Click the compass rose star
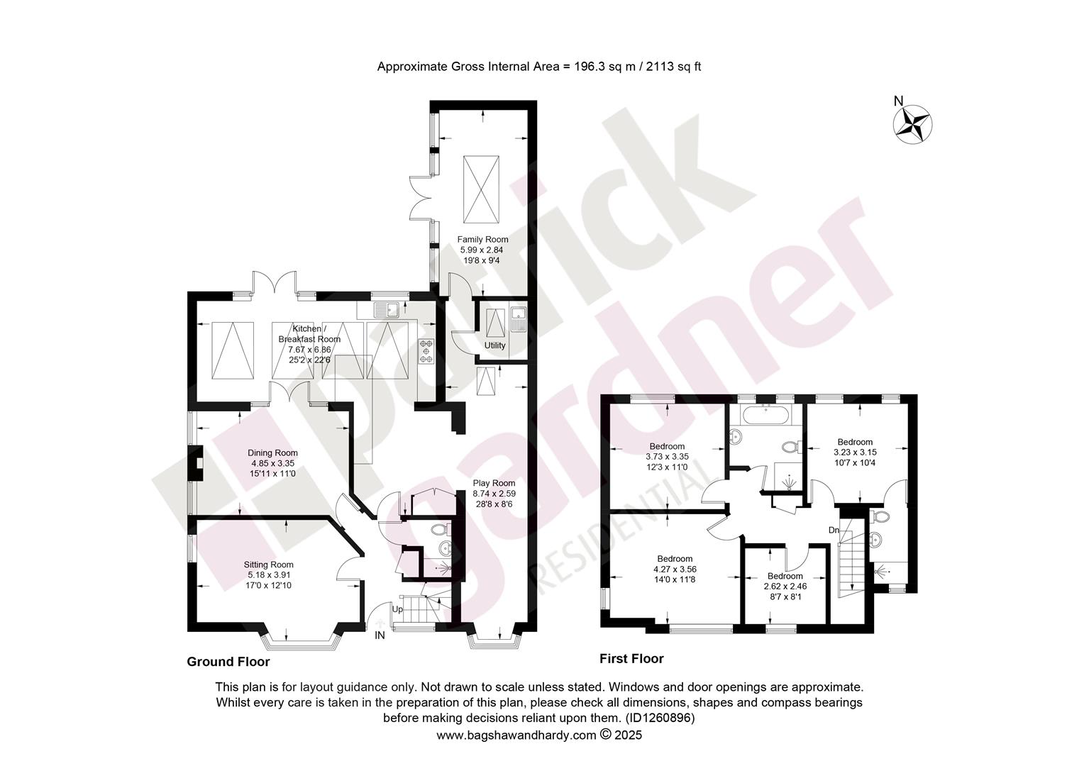click(x=912, y=125)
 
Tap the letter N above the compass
click(x=899, y=101)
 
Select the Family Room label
click(x=482, y=239)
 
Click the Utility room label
click(x=494, y=345)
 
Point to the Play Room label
click(x=494, y=482)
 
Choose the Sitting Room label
click(x=269, y=565)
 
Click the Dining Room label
click(x=272, y=453)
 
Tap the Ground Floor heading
click(x=228, y=662)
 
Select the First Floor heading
click(x=631, y=659)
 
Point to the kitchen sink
click(x=386, y=309)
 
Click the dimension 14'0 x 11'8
click(x=675, y=579)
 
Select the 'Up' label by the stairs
click(x=397, y=609)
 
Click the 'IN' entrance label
click(x=380, y=635)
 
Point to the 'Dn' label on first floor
click(x=834, y=530)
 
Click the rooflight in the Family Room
click(x=481, y=189)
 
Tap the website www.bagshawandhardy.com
click(x=516, y=735)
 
